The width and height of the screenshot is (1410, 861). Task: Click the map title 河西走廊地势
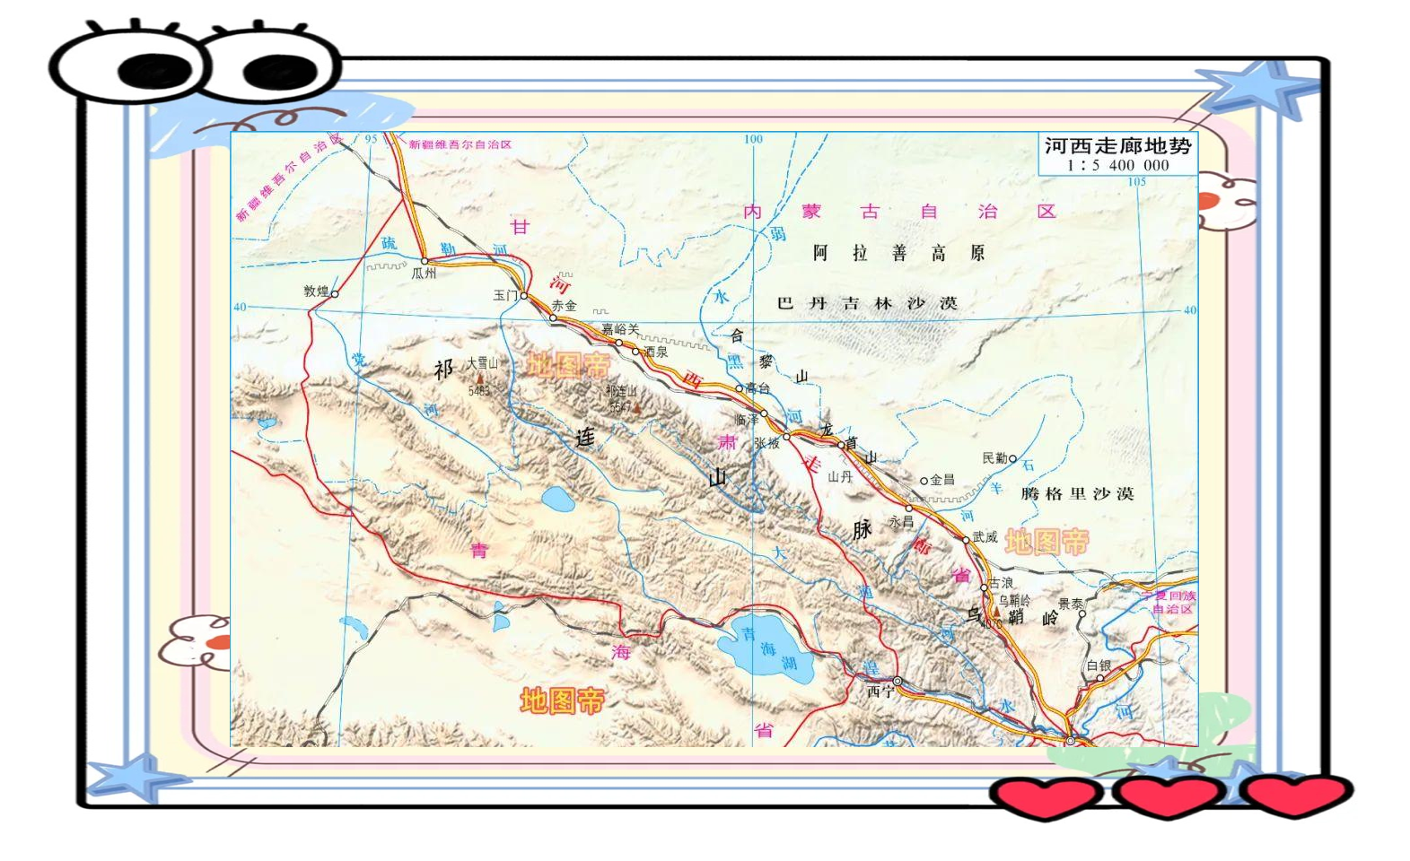[x=1117, y=146]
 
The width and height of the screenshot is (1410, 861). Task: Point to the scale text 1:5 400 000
[x=1117, y=165]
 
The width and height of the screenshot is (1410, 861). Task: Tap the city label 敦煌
[x=316, y=291]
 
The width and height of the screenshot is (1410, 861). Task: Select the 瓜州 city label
[x=424, y=273]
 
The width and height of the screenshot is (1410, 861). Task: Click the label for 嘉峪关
[x=620, y=329]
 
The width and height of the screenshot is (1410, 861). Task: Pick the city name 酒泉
[x=656, y=352]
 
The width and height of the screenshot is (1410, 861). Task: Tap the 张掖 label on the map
[x=766, y=442]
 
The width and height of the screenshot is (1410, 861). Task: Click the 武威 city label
[x=985, y=537]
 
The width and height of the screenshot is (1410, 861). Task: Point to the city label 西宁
[x=880, y=691]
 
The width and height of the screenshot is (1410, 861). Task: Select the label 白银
[x=1099, y=665]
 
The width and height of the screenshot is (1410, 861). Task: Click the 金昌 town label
[x=942, y=480]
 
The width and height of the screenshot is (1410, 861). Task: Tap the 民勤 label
[x=995, y=458]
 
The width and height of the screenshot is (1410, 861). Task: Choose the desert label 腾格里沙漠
[x=1077, y=493]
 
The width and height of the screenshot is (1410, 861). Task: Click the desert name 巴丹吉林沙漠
[x=867, y=303]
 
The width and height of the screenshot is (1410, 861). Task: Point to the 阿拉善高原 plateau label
[x=898, y=253]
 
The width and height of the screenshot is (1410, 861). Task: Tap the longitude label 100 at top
[x=753, y=139]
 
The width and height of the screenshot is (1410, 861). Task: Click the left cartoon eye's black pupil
[x=154, y=71]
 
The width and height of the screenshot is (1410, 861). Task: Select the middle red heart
[x=1167, y=795]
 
